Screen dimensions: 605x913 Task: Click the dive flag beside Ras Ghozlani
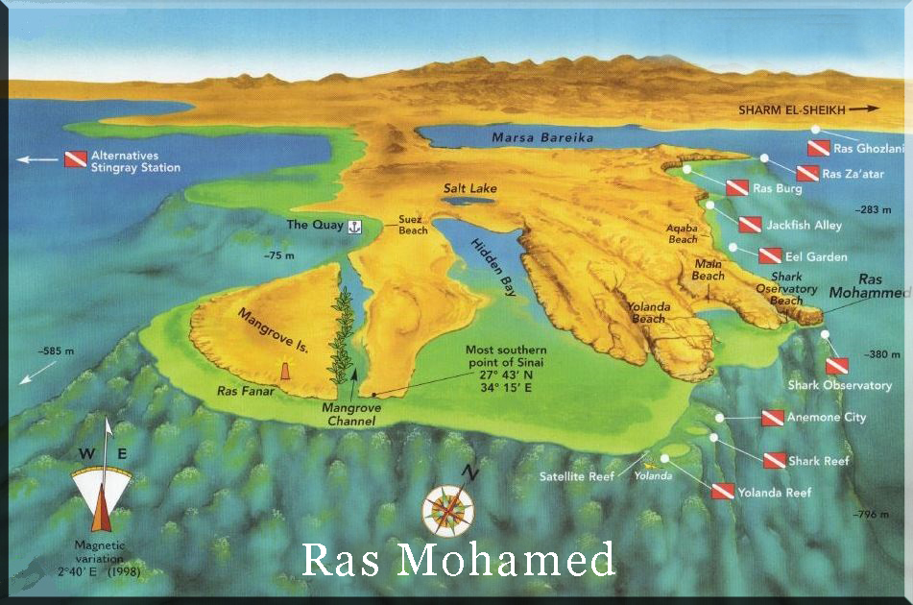coord(818,148)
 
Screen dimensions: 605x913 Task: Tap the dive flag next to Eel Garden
coord(770,256)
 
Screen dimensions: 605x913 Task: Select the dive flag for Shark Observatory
coord(837,366)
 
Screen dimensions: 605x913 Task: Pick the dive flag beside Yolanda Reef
coord(723,492)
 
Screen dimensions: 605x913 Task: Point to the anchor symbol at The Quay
coord(352,226)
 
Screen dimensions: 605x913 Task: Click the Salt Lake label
coord(469,188)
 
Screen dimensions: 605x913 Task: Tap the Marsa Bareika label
coord(542,137)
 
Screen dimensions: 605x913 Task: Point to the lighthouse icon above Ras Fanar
coord(285,371)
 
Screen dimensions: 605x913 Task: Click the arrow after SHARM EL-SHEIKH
coord(863,109)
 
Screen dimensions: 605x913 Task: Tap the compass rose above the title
coord(448,508)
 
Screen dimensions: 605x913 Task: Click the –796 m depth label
coord(871,515)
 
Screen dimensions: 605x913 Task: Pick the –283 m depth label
coord(874,208)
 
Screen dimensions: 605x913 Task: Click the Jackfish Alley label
coord(805,225)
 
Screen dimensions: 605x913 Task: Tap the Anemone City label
coord(827,418)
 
